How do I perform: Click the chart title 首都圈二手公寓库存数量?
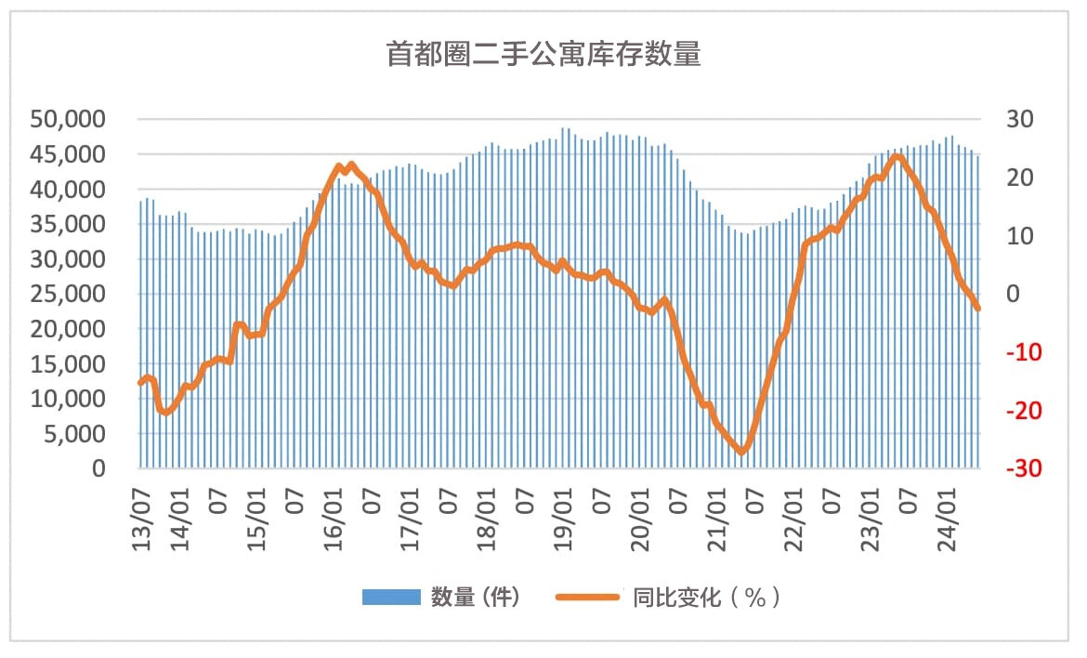543,55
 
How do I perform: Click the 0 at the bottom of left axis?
98,469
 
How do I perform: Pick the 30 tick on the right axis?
1019,120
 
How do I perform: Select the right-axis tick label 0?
1013,295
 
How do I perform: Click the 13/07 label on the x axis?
141,526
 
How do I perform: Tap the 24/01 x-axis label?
949,526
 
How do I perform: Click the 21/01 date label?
718,526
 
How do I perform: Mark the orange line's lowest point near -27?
741,452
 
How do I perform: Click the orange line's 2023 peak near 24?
897,156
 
